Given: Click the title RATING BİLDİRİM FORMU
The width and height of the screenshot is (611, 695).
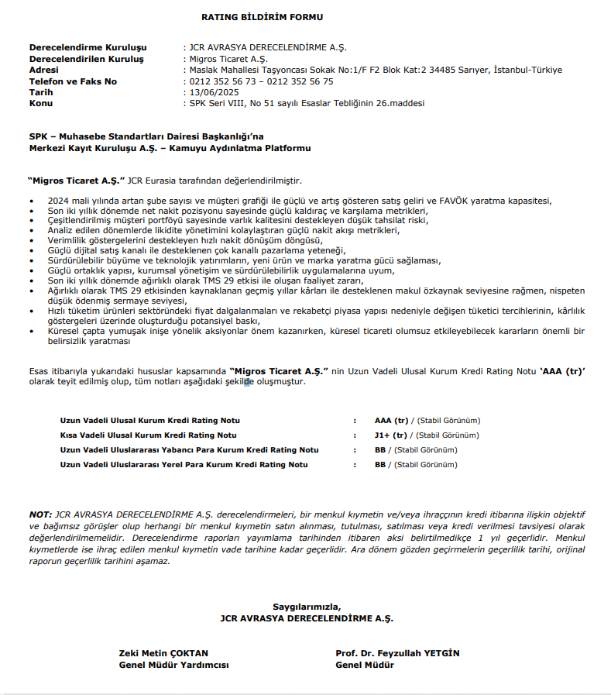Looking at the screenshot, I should [x=262, y=16].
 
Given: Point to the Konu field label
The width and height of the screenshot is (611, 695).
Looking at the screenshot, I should [x=41, y=102].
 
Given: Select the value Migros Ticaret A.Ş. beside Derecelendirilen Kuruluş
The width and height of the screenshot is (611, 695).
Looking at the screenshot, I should [x=228, y=59].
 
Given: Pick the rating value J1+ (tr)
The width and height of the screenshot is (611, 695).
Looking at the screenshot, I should [x=390, y=435].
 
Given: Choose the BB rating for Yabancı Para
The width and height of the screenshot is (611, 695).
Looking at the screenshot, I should [x=380, y=450].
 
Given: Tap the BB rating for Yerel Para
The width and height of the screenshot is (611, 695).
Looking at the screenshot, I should [x=380, y=465].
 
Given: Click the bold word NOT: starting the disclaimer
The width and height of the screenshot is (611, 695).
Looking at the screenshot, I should [x=39, y=514].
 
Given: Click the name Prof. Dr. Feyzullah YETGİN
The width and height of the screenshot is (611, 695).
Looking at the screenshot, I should [x=397, y=653].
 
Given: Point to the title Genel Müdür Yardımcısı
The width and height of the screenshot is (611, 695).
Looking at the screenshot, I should [x=173, y=665].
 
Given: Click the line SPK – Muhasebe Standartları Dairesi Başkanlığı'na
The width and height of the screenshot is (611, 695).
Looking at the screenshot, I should [x=146, y=136].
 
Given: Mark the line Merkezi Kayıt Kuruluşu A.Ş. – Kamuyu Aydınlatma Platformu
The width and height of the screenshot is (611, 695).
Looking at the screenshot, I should [x=170, y=148].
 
